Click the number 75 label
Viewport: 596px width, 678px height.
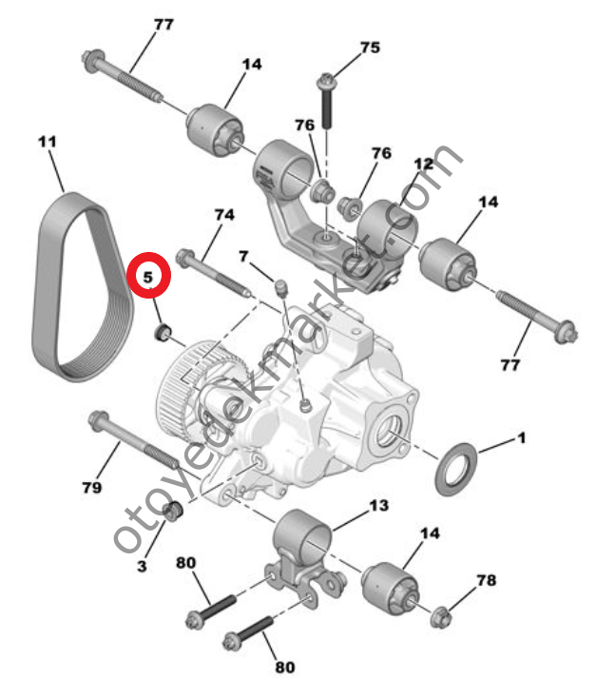pyautogui.click(x=370, y=48)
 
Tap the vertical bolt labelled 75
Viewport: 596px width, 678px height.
pyautogui.click(x=326, y=102)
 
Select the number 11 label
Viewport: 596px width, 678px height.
pyautogui.click(x=48, y=142)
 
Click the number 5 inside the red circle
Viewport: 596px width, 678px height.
pyautogui.click(x=148, y=277)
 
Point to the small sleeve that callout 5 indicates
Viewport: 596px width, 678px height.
pyautogui.click(x=163, y=332)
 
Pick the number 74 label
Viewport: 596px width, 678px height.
pyautogui.click(x=224, y=215)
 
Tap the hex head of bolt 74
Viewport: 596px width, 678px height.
pyautogui.click(x=185, y=258)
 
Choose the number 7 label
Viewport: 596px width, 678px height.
pyautogui.click(x=243, y=257)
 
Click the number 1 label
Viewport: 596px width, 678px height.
pyautogui.click(x=522, y=438)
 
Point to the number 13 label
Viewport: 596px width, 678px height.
pyautogui.click(x=379, y=506)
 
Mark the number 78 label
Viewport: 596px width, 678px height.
pyautogui.click(x=487, y=580)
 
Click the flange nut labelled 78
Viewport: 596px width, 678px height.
pyautogui.click(x=441, y=617)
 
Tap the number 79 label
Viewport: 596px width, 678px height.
pyautogui.click(x=92, y=488)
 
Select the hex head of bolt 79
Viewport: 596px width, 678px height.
pyautogui.click(x=98, y=421)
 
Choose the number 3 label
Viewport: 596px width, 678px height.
pyautogui.click(x=142, y=566)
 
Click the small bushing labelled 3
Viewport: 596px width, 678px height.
pyautogui.click(x=173, y=512)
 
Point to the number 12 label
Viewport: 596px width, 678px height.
pyautogui.click(x=424, y=164)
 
